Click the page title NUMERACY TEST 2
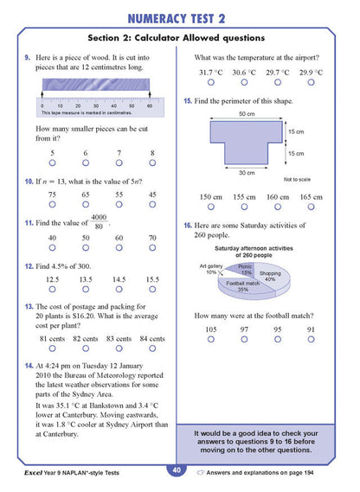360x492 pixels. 179,18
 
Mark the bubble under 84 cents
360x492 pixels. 152,349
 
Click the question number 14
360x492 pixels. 29,367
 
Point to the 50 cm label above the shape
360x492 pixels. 246,114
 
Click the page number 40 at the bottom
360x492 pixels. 176,470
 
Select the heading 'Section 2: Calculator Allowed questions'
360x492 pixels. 179,39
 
